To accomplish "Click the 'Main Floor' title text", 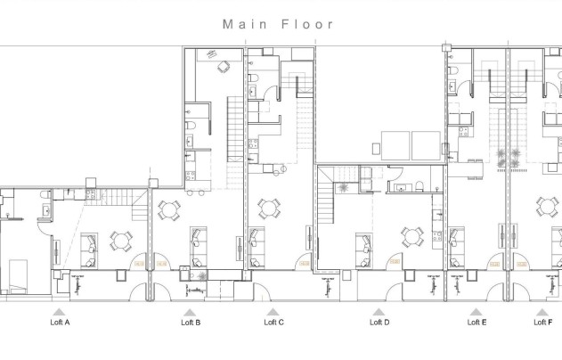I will click(279, 24).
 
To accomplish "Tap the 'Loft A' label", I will click(60, 322).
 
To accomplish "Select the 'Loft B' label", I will click(191, 322).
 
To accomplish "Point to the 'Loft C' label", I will click(274, 322).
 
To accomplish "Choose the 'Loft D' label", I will click(379, 322).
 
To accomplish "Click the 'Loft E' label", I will click(476, 322).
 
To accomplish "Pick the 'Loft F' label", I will click(542, 322).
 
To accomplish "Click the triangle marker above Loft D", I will click(379, 312).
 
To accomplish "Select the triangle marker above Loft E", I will click(476, 312).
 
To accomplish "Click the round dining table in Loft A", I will click(120, 240).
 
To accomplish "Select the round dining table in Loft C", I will click(267, 209).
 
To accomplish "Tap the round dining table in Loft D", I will click(411, 237).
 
